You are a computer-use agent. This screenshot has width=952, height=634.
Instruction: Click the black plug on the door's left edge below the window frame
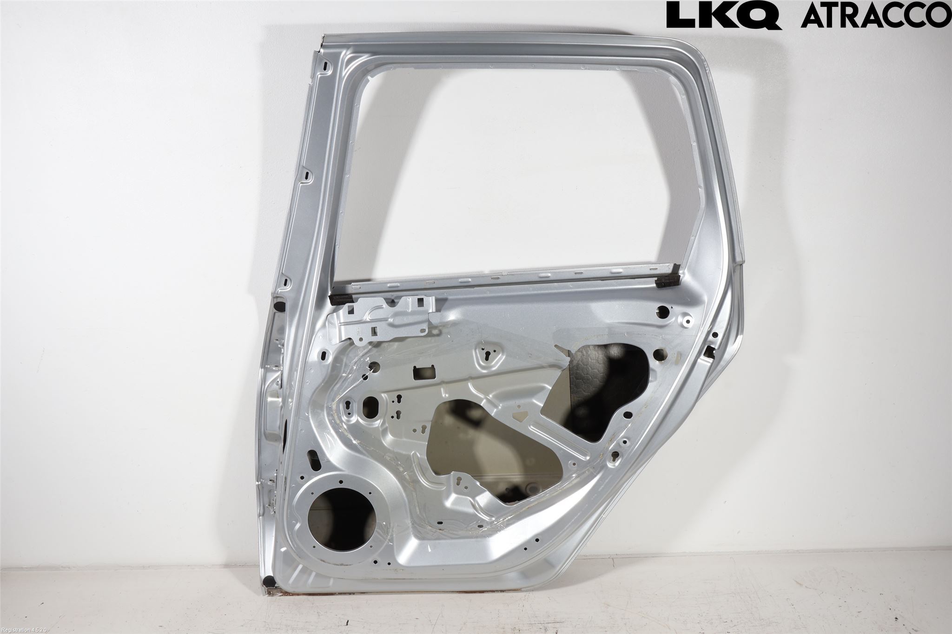280,306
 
